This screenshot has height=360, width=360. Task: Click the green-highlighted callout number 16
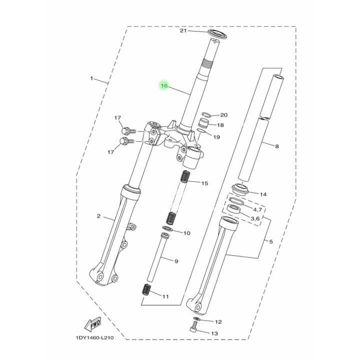click(x=164, y=85)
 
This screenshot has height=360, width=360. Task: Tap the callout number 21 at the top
click(x=183, y=30)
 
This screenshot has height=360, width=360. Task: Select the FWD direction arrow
click(x=93, y=324)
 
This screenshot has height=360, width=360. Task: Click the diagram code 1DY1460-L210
click(x=94, y=337)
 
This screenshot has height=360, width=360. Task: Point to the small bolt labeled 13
click(x=193, y=326)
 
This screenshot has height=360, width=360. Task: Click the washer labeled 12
click(x=196, y=318)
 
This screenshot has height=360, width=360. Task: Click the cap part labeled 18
click(x=203, y=124)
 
